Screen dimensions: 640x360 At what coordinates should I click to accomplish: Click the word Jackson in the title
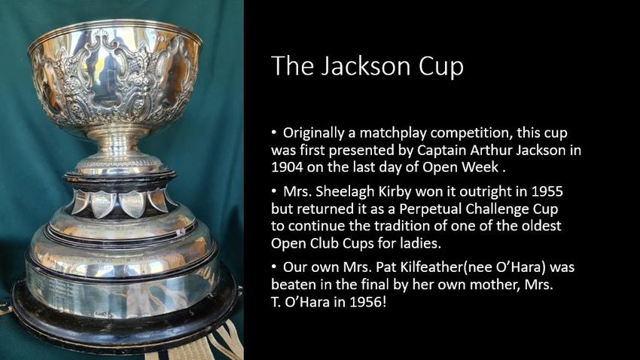coord(364,66)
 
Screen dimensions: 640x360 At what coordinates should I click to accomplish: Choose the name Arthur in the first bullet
coord(491,150)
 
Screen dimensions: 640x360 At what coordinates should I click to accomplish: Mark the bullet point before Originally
coord(274,132)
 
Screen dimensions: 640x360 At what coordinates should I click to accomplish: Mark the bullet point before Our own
coord(274,267)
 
